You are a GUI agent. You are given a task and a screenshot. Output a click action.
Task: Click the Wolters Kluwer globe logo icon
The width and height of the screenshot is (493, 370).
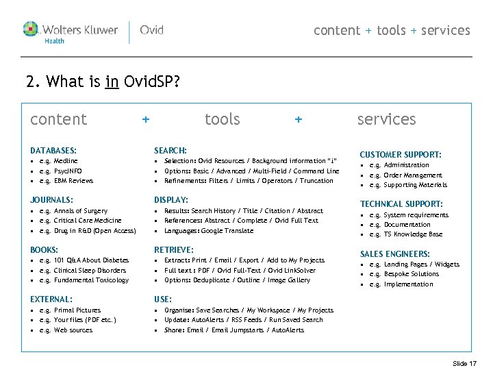pyautogui.click(x=31, y=29)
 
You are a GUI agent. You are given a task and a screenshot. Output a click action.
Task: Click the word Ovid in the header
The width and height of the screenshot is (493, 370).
pyautogui.click(x=151, y=30)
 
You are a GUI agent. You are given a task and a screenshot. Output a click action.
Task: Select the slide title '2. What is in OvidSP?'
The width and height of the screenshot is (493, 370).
pyautogui.click(x=103, y=83)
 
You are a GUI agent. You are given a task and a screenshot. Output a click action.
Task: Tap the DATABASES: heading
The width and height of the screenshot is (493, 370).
pyautogui.click(x=53, y=150)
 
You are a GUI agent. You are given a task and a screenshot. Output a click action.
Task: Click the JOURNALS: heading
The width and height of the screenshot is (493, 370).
pyautogui.click(x=52, y=200)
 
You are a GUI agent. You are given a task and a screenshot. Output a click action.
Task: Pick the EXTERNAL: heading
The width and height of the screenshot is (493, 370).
pyautogui.click(x=51, y=299)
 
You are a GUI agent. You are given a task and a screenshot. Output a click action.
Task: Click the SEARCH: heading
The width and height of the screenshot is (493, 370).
pyautogui.click(x=170, y=150)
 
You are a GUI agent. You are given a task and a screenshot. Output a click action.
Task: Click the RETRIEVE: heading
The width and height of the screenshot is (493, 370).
pyautogui.click(x=174, y=250)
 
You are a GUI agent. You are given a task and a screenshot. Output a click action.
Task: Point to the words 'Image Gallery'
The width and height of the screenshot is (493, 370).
pyautogui.click(x=288, y=280)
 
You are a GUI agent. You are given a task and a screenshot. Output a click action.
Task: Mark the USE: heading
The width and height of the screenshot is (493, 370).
pyautogui.click(x=163, y=299)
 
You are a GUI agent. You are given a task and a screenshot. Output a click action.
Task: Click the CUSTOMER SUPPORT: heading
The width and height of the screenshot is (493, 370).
pyautogui.click(x=401, y=155)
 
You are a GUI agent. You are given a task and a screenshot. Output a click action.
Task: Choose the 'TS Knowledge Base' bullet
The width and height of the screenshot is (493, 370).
pyautogui.click(x=413, y=234)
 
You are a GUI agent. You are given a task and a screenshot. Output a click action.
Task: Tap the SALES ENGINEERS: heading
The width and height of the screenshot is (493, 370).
pyautogui.click(x=395, y=254)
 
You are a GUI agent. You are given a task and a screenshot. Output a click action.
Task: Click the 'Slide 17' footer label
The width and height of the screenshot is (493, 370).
pyautogui.click(x=465, y=363)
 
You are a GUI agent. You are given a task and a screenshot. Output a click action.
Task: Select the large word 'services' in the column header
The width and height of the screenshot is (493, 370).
pyautogui.click(x=386, y=119)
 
